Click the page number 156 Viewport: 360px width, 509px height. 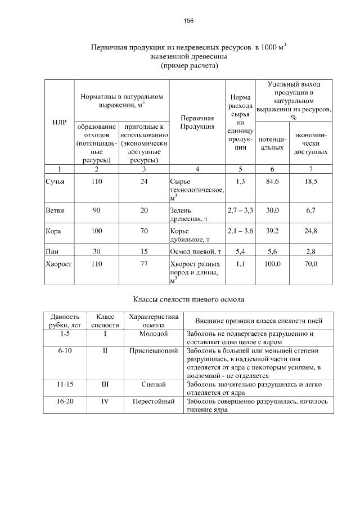coord(189,21)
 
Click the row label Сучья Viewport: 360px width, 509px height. coord(55,182)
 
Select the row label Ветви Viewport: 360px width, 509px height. coord(55,210)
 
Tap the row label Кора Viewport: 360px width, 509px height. coord(54,231)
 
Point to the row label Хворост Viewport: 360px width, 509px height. coord(58,263)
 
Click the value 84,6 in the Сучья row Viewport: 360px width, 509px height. coord(272,182)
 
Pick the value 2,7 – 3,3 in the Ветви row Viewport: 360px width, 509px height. coord(240,210)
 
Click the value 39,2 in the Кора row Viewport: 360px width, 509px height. coord(272,231)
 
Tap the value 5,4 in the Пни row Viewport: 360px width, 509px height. coord(240,251)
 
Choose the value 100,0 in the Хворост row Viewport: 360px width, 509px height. coord(272,263)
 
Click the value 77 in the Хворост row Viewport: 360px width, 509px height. coord(144,263)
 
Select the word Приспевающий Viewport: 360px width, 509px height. coord(154,350)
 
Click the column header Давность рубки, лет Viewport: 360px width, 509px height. coord(65,321)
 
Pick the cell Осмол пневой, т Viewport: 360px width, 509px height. coord(195,251)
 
